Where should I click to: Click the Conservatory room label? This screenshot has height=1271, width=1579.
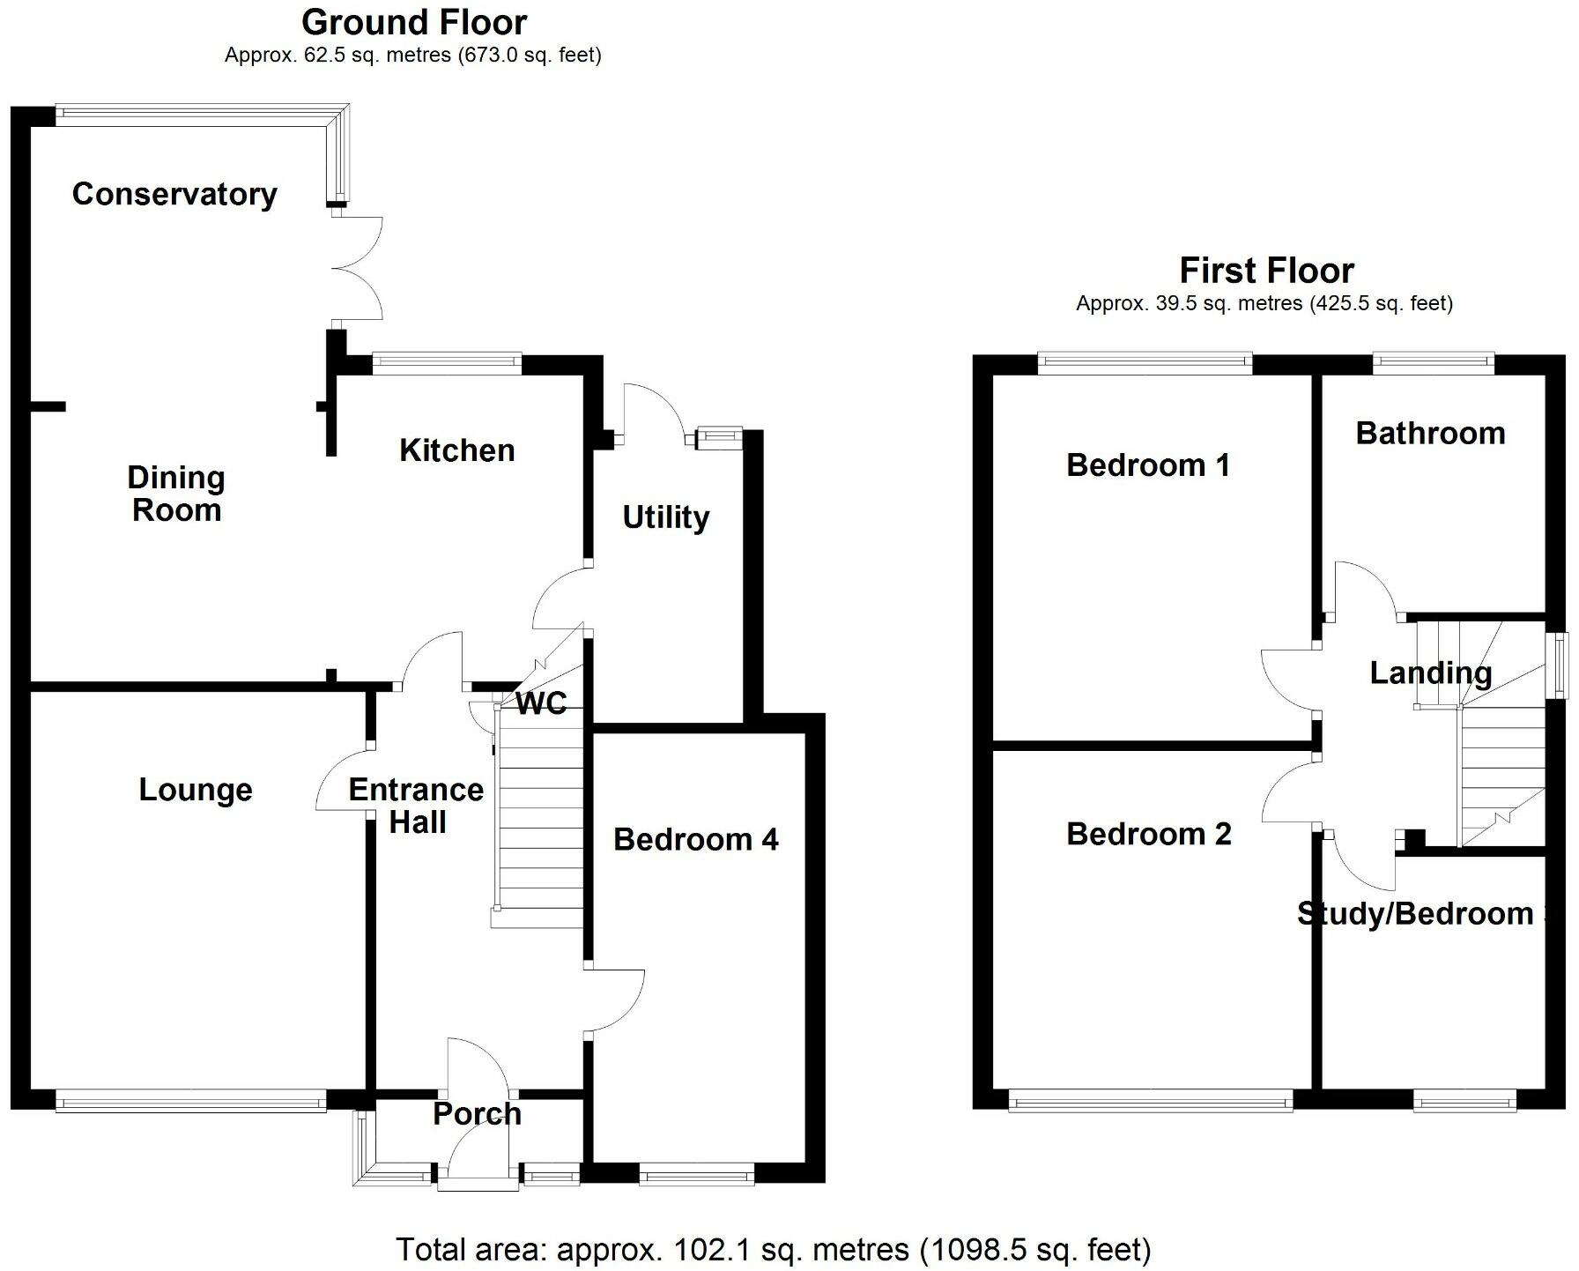click(x=174, y=194)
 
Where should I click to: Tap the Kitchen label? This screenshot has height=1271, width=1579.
click(x=456, y=450)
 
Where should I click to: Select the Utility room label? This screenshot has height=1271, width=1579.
click(x=665, y=517)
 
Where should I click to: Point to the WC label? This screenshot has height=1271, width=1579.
click(x=541, y=703)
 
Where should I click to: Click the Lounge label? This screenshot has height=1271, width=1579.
click(x=196, y=790)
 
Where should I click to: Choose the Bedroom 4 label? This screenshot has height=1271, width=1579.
click(x=696, y=839)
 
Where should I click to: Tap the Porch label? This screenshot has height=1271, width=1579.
click(x=477, y=1114)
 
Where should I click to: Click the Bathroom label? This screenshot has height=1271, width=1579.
click(x=1430, y=433)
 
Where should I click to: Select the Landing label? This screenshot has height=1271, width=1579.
click(x=1431, y=674)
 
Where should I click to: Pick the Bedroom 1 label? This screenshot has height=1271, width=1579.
click(x=1147, y=465)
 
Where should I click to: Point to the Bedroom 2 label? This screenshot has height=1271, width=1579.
click(x=1148, y=834)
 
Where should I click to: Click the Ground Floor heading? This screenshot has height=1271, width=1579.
click(x=413, y=22)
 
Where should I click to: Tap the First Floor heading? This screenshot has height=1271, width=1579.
click(x=1265, y=270)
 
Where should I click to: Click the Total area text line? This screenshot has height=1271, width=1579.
click(x=773, y=1249)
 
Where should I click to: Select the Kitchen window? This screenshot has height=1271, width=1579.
click(x=447, y=361)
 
